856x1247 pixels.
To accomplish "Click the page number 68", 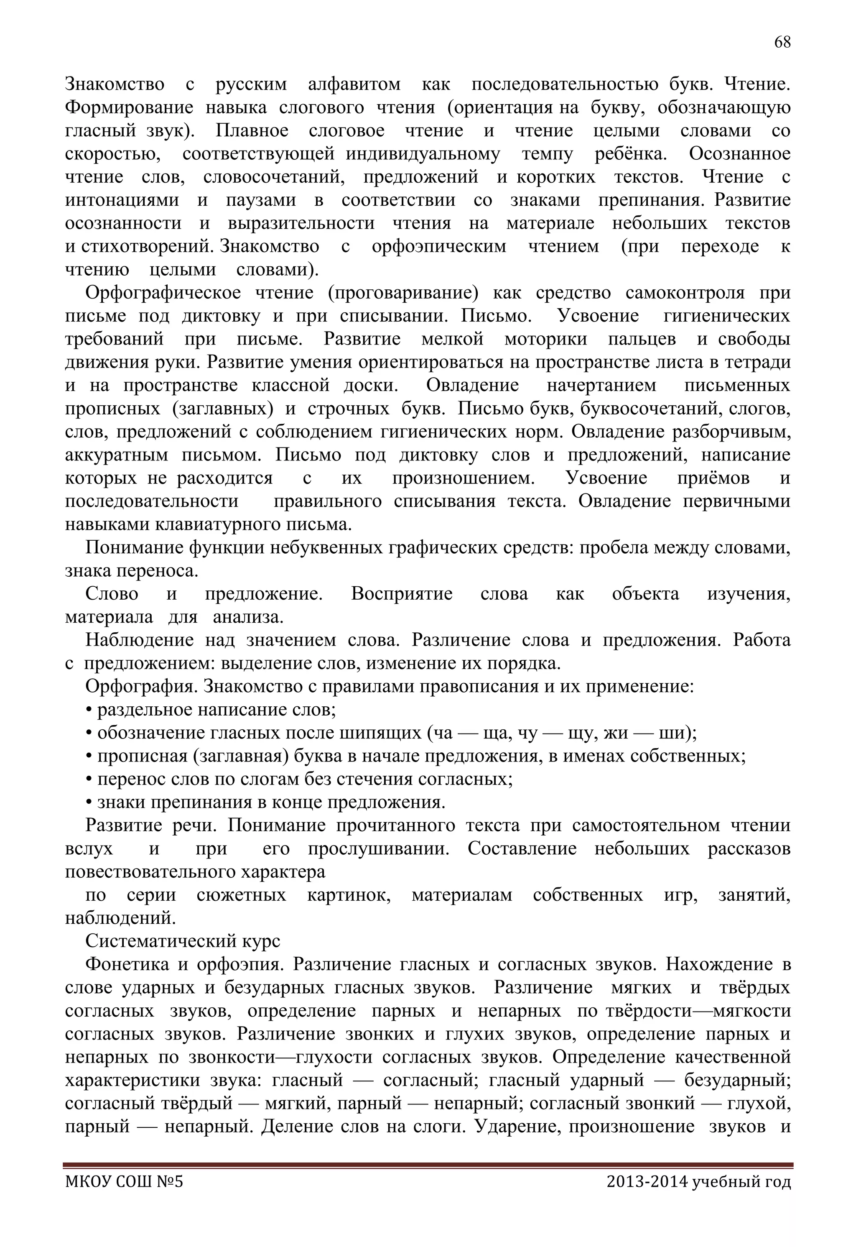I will point(782,42).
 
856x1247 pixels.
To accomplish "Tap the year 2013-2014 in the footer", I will point(646,1197).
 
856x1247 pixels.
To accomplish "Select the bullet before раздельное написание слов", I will point(89,710).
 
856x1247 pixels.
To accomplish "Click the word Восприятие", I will point(401,594).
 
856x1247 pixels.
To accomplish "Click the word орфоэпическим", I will point(438,247).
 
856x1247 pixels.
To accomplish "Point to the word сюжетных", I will point(241,895).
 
